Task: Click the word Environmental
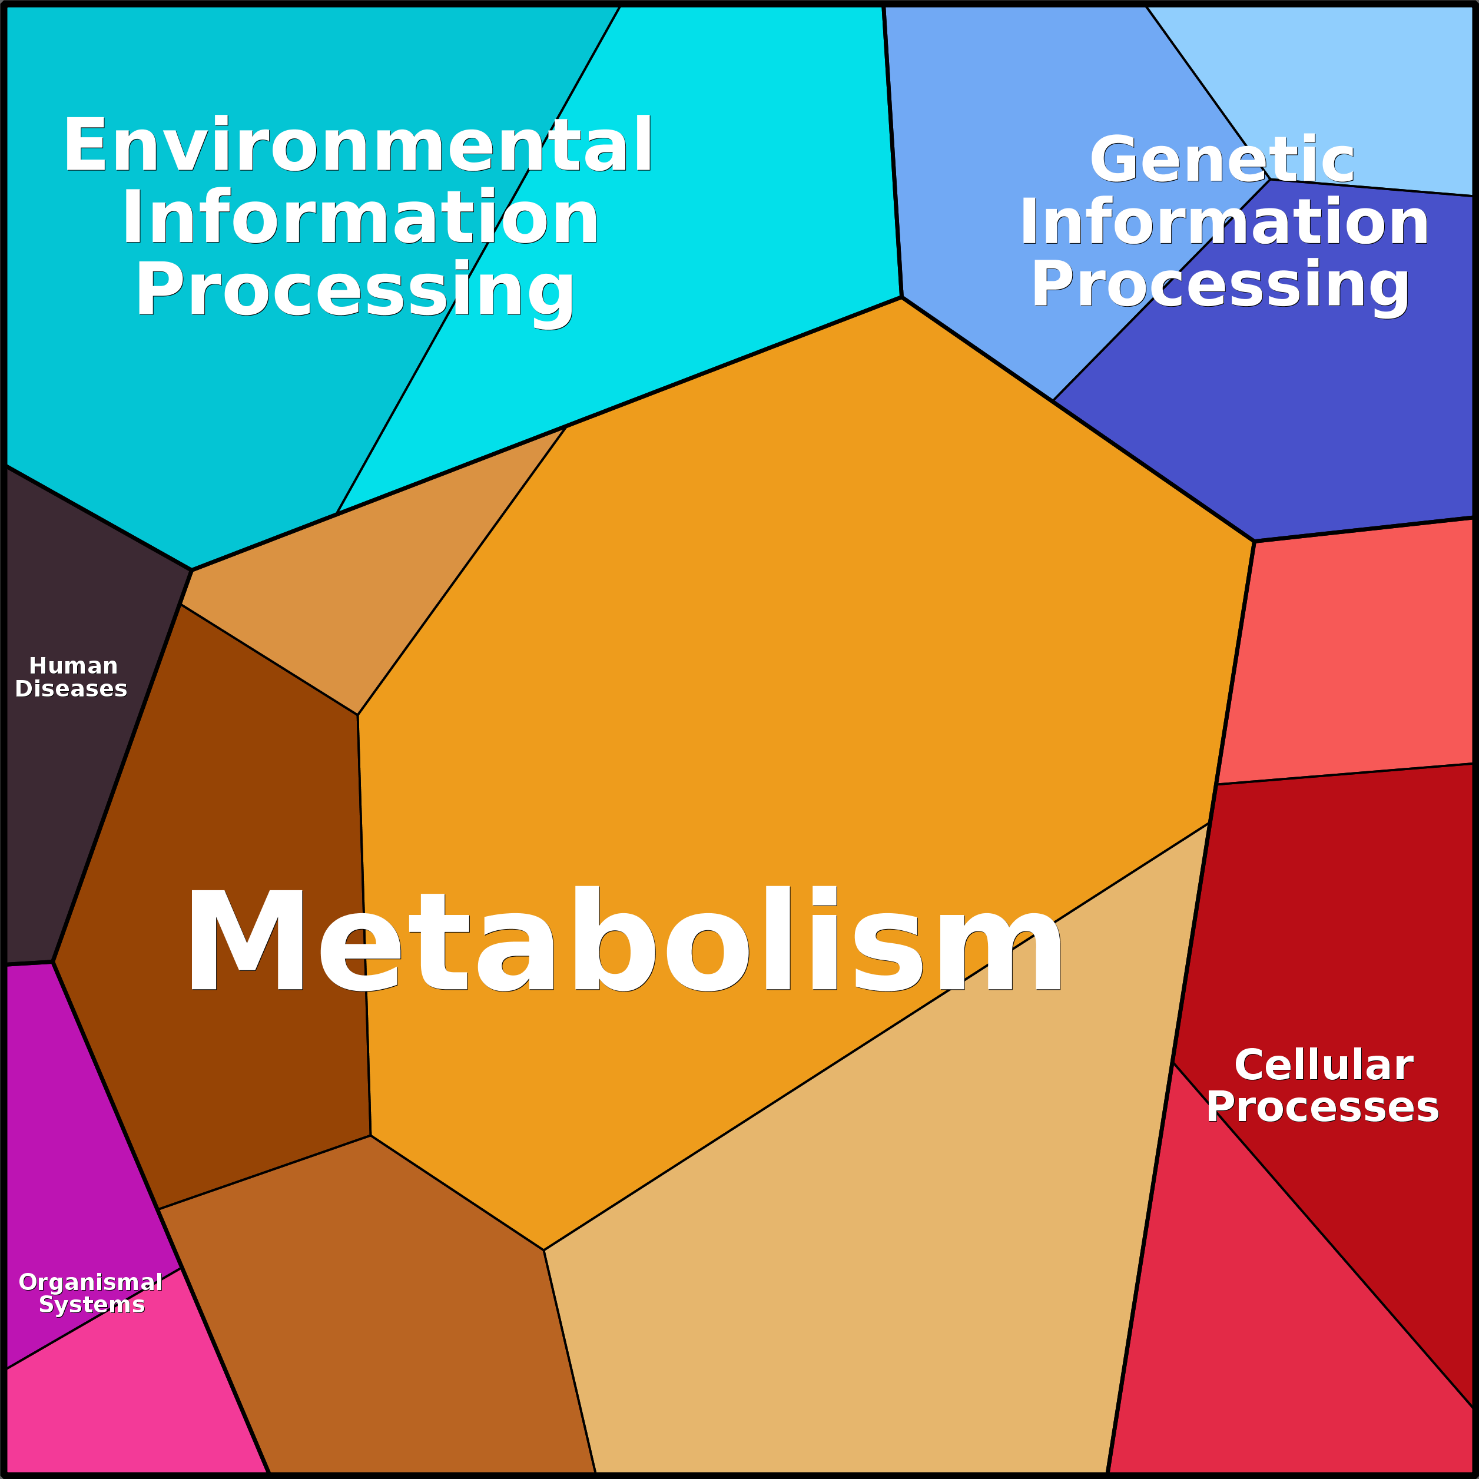[357, 145]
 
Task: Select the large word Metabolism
[623, 939]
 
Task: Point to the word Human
[74, 666]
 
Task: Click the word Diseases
[71, 689]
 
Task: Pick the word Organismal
[90, 1283]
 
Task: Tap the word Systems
[92, 1305]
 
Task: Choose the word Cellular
[1324, 1065]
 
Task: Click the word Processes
[1323, 1107]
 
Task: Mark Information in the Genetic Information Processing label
[1224, 222]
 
